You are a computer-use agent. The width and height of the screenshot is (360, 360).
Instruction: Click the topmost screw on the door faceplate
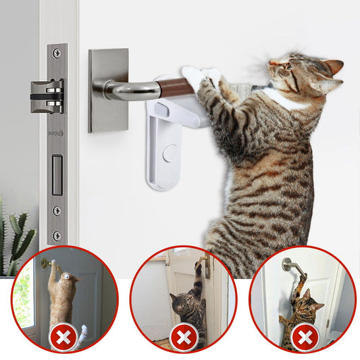click(x=57, y=53)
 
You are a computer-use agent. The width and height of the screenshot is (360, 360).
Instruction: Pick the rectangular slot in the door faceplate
click(x=57, y=175)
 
